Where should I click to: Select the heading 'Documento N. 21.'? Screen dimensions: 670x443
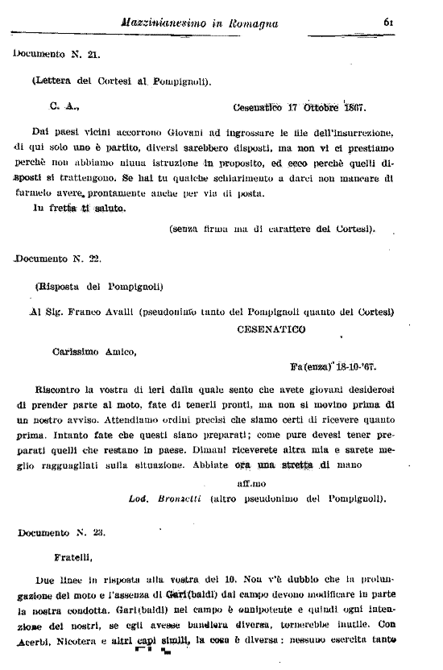(56, 54)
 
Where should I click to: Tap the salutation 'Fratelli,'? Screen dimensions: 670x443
(72, 555)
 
